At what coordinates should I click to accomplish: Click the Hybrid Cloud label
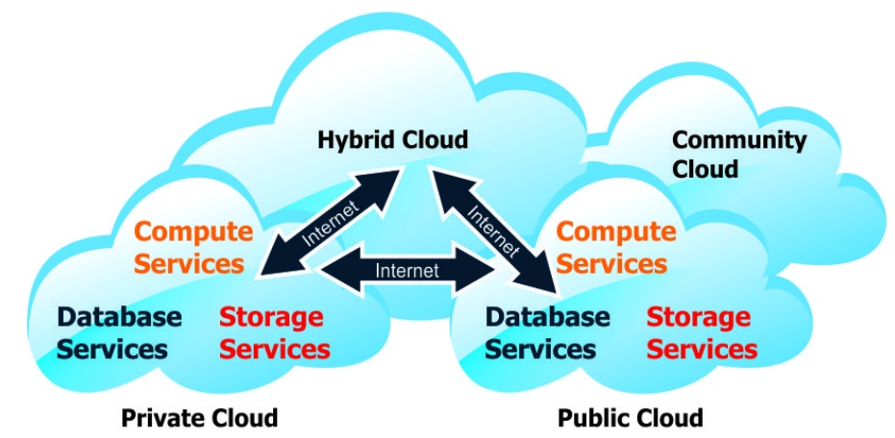click(x=392, y=140)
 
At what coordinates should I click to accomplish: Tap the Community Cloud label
click(x=738, y=154)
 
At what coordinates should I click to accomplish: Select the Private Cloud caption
click(x=199, y=418)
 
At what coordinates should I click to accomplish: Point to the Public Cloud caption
click(x=630, y=418)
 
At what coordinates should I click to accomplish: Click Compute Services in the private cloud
click(x=193, y=247)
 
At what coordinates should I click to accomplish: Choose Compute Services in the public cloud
click(x=616, y=247)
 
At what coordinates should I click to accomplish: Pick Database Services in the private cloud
click(x=118, y=331)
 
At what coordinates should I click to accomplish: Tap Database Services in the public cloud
click(x=547, y=331)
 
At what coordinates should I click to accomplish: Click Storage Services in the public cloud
click(x=701, y=331)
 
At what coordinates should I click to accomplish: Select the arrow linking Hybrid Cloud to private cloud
click(x=332, y=223)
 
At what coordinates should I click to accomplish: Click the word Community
click(x=738, y=140)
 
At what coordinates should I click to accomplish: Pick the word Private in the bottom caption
click(x=159, y=418)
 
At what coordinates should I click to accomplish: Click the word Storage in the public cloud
click(x=697, y=316)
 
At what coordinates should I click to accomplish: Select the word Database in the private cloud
click(x=118, y=316)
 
